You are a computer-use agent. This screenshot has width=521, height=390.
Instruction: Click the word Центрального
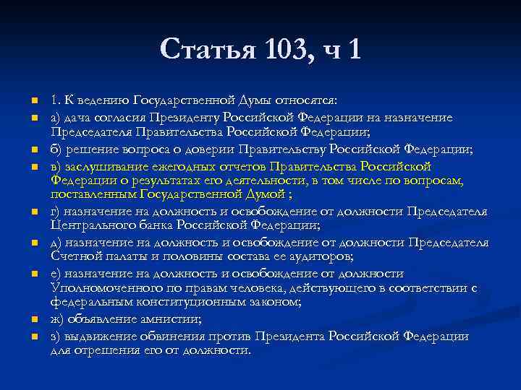coord(90,225)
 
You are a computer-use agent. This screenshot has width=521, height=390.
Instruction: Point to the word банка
coord(151,225)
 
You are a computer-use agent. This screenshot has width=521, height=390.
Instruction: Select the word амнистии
coord(172,320)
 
